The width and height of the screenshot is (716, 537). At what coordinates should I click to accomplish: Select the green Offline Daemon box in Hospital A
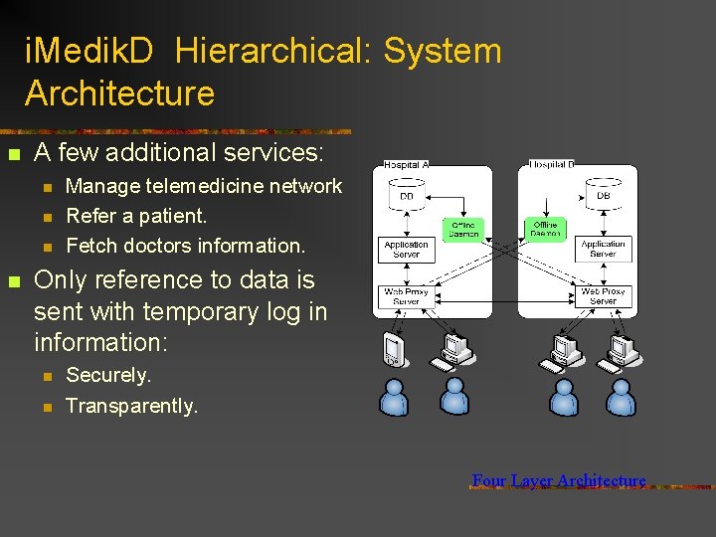tap(463, 230)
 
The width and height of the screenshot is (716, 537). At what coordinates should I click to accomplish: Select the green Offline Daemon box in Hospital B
tap(547, 230)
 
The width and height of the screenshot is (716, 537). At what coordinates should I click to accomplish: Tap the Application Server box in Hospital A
tap(407, 249)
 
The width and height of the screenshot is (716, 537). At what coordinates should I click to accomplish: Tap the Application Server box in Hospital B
tap(604, 249)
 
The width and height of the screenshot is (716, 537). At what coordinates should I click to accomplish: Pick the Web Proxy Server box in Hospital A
tap(407, 296)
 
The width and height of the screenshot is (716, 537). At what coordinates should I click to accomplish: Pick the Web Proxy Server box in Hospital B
tap(604, 296)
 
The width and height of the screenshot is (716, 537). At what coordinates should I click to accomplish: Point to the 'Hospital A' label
tap(406, 165)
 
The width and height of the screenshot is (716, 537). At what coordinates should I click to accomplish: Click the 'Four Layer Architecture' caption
tap(559, 481)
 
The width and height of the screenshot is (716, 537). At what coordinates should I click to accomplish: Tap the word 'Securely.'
tap(108, 376)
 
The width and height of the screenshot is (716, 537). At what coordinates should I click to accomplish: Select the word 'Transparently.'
tap(132, 406)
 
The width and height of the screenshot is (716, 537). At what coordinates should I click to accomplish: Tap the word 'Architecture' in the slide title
tap(119, 93)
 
